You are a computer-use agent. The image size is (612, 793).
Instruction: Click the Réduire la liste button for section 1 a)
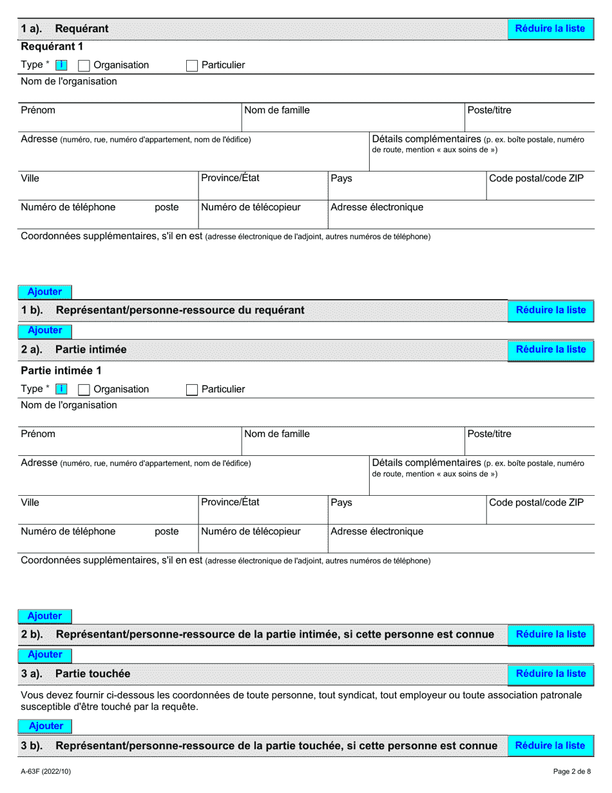[550, 29]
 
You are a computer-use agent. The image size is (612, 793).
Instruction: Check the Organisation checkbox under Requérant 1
[84, 65]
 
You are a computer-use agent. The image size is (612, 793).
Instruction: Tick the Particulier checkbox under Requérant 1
[192, 65]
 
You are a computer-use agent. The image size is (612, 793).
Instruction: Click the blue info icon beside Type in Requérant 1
[61, 65]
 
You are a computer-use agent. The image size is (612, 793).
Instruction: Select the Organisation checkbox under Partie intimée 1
[84, 389]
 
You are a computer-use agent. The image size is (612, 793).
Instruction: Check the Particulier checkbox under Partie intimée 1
[192, 389]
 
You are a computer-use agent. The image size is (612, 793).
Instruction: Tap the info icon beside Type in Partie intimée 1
[61, 389]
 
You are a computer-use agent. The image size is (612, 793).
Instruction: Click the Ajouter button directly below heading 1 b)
[45, 331]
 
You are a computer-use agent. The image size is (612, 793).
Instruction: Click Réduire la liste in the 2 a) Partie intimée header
[550, 349]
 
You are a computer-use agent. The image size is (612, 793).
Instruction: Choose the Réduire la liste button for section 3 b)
[550, 746]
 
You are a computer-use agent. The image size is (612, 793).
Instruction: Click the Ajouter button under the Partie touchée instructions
[46, 726]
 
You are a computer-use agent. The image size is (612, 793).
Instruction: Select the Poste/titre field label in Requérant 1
[489, 110]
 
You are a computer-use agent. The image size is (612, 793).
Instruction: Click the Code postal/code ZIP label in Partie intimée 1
[536, 502]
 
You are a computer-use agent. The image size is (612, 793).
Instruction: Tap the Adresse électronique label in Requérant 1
[377, 207]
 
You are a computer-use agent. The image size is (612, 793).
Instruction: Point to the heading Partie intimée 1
[61, 371]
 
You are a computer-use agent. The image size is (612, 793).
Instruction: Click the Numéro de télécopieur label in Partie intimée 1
[251, 531]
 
